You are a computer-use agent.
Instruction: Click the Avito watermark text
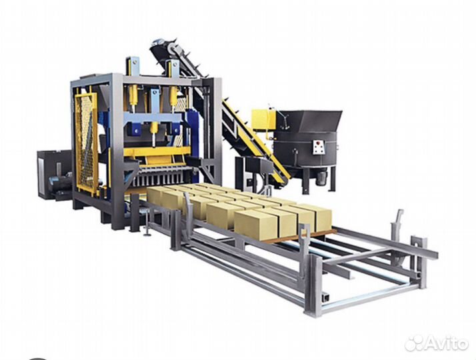point(446,343)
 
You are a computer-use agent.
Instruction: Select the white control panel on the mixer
point(319,146)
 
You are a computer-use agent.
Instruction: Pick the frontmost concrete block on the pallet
point(256,224)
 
